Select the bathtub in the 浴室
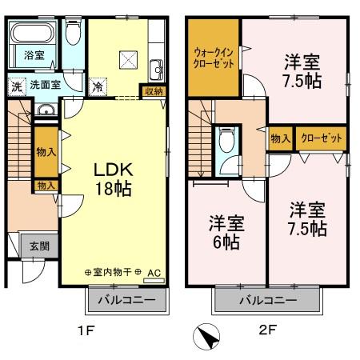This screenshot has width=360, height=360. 32,35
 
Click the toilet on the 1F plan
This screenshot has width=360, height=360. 74,33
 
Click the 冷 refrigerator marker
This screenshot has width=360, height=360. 97,86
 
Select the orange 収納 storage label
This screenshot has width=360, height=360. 153,90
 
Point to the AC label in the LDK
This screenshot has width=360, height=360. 154,273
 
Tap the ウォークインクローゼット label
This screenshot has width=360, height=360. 214,58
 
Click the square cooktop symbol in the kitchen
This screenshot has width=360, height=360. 128,59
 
